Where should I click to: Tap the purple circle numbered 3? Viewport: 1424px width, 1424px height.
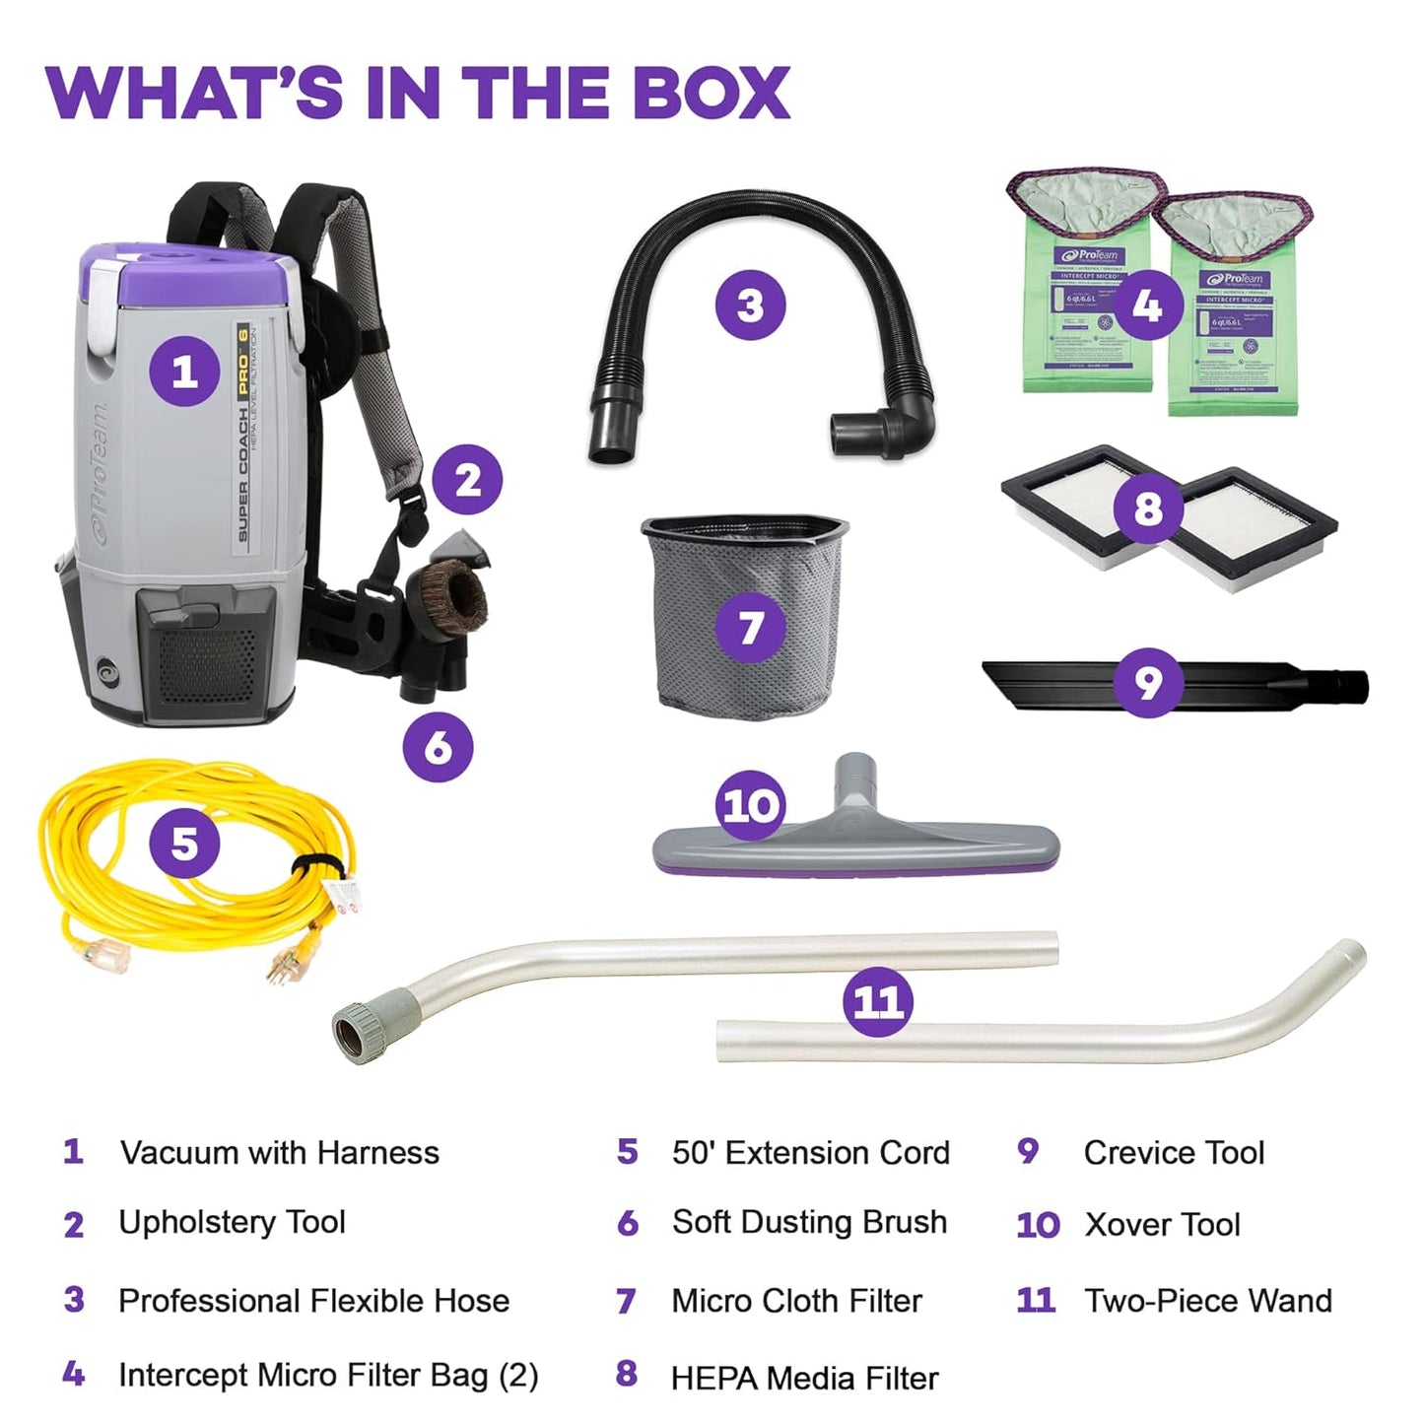(750, 305)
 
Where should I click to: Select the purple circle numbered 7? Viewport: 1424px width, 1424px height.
(751, 627)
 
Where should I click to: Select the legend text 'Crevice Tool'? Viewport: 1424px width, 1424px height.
(1174, 1152)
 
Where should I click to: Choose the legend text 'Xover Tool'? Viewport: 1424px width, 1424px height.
(1162, 1225)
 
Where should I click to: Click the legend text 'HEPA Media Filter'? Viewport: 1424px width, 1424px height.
(804, 1378)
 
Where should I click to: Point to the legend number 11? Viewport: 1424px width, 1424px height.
(1036, 1300)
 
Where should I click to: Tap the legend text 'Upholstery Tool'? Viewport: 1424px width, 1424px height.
(232, 1222)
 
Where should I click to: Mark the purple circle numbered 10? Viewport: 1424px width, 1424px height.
(751, 805)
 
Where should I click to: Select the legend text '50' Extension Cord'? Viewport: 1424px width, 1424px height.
(810, 1152)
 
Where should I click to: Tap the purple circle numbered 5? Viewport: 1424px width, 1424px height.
(185, 844)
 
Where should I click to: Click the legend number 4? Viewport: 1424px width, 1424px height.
(73, 1374)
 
